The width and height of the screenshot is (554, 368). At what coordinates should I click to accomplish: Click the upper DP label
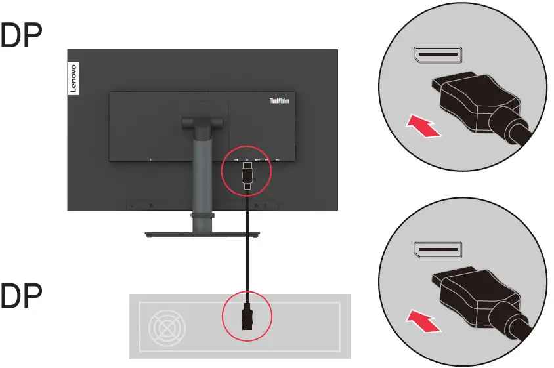22,39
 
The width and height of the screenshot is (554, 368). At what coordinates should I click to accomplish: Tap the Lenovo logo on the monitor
74,81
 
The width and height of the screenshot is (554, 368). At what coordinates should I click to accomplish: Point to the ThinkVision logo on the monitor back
280,102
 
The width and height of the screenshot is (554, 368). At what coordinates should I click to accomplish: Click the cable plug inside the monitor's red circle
246,176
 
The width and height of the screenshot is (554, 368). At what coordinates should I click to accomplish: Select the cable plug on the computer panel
247,317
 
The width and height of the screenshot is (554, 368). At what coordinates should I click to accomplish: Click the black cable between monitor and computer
247,249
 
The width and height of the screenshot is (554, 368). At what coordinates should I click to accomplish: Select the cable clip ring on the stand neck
202,214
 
